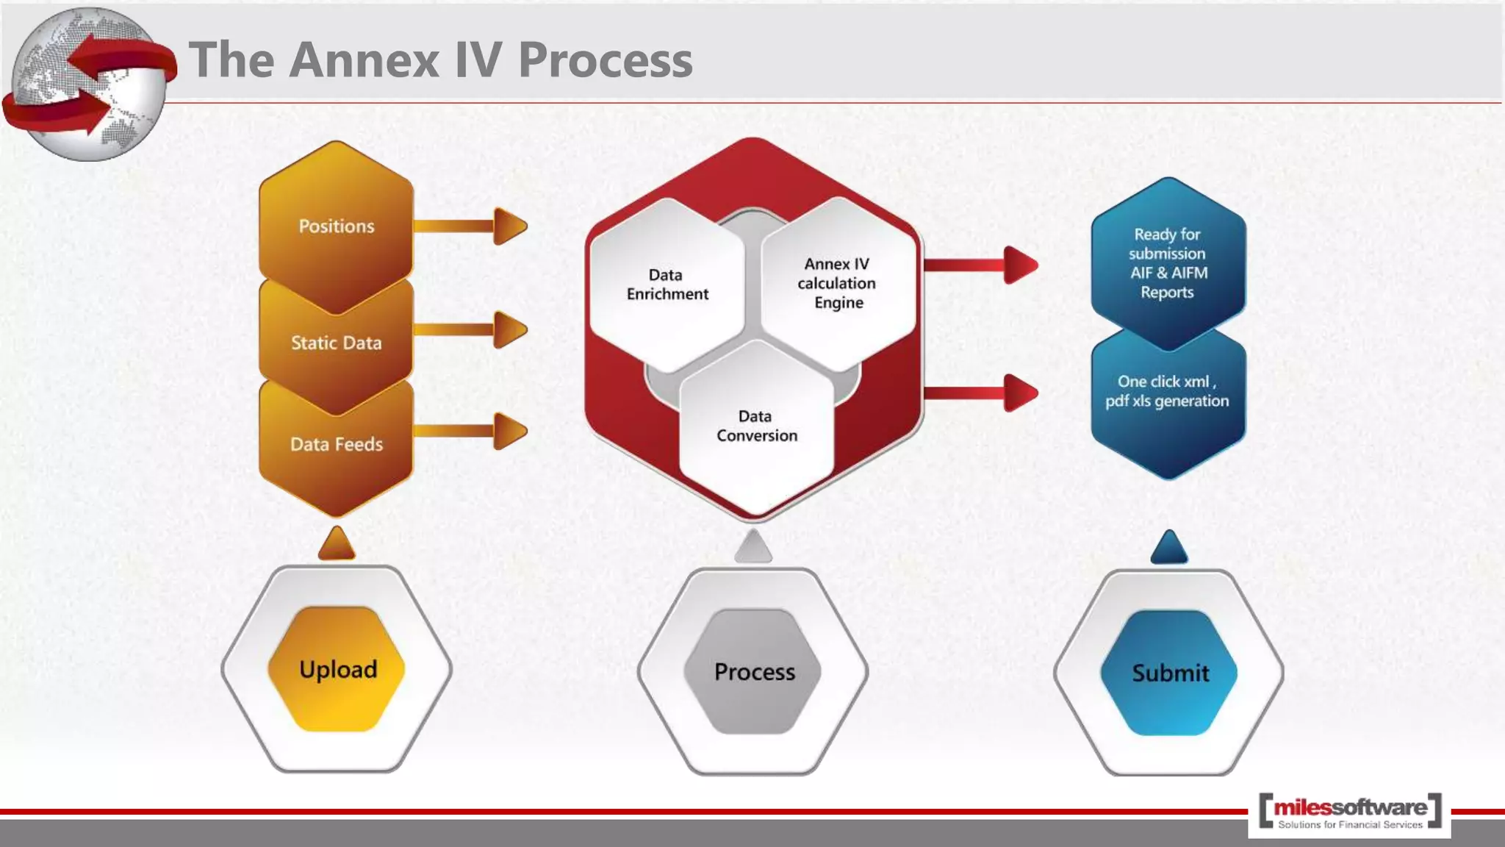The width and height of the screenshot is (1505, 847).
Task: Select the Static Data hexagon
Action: pos(336,343)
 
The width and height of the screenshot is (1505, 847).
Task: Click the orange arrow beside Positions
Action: pos(470,226)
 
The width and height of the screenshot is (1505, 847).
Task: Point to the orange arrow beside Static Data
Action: pos(470,329)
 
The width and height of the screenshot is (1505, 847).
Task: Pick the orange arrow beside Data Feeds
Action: pos(470,431)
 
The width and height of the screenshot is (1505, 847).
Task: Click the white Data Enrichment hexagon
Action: pos(667,285)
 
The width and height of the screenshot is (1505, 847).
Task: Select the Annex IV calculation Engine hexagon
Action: pos(837,283)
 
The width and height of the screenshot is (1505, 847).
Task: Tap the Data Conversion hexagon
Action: pos(756,426)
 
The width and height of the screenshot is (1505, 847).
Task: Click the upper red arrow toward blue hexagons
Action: pos(981,265)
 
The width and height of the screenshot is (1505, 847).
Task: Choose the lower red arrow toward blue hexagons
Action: pos(981,393)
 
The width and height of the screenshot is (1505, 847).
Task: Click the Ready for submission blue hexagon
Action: pos(1168,263)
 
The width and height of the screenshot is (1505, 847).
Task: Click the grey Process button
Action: pos(754,672)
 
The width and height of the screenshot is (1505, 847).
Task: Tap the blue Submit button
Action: pos(1169,673)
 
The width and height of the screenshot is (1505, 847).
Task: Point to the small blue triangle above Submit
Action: pos(1169,548)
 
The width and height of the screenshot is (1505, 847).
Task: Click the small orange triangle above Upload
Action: pos(337,545)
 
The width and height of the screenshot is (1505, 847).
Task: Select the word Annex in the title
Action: pos(364,60)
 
